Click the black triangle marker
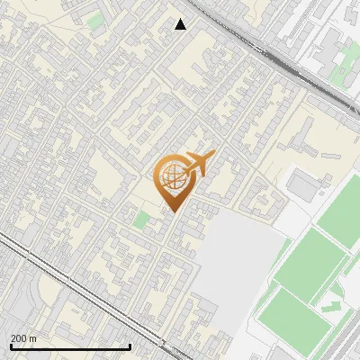pos(181,24)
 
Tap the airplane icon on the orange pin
pos(198,164)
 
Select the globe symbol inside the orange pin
pos(170,177)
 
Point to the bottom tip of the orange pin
pos(173,212)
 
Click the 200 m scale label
pos(23,338)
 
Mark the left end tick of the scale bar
pos(10,346)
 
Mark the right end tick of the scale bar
pos(130,346)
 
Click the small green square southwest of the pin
pos(140,219)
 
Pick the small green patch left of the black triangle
pos(95,20)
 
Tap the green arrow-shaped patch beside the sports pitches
pos(331,306)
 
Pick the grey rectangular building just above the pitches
pos(303,185)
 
